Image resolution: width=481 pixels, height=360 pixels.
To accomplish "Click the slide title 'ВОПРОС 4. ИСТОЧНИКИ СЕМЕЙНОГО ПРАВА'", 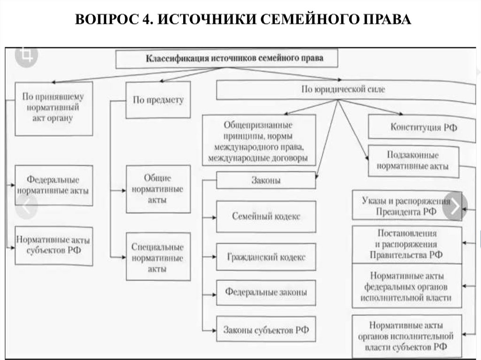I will [240, 20].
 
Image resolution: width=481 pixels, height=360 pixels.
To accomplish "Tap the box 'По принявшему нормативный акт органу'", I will [53, 108].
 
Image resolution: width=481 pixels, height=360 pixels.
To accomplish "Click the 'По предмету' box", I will [158, 100].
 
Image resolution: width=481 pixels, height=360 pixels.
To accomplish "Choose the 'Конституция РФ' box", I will [423, 127].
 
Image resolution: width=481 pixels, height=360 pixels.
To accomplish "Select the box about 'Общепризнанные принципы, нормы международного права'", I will [259, 140].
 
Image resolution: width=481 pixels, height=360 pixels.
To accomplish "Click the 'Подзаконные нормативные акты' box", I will [413, 161].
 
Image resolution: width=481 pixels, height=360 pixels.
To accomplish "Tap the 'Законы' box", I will [266, 180].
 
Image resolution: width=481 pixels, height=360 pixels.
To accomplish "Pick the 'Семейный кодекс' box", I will [266, 216].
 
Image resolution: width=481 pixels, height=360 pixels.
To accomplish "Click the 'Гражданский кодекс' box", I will [266, 257].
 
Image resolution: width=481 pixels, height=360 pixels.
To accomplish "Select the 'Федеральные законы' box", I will [266, 292].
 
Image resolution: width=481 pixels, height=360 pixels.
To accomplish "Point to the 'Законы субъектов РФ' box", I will [266, 329].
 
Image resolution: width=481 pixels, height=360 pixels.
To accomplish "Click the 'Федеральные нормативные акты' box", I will [53, 185].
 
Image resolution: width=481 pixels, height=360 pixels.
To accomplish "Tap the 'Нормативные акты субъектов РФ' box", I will [53, 245].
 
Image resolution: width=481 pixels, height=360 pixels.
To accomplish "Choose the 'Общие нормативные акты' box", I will [158, 189].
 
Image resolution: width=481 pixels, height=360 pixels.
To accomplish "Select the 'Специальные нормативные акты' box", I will [158, 258].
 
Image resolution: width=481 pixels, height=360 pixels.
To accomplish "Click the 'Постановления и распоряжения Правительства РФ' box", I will [406, 245].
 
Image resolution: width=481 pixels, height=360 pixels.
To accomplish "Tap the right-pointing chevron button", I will [455, 206].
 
